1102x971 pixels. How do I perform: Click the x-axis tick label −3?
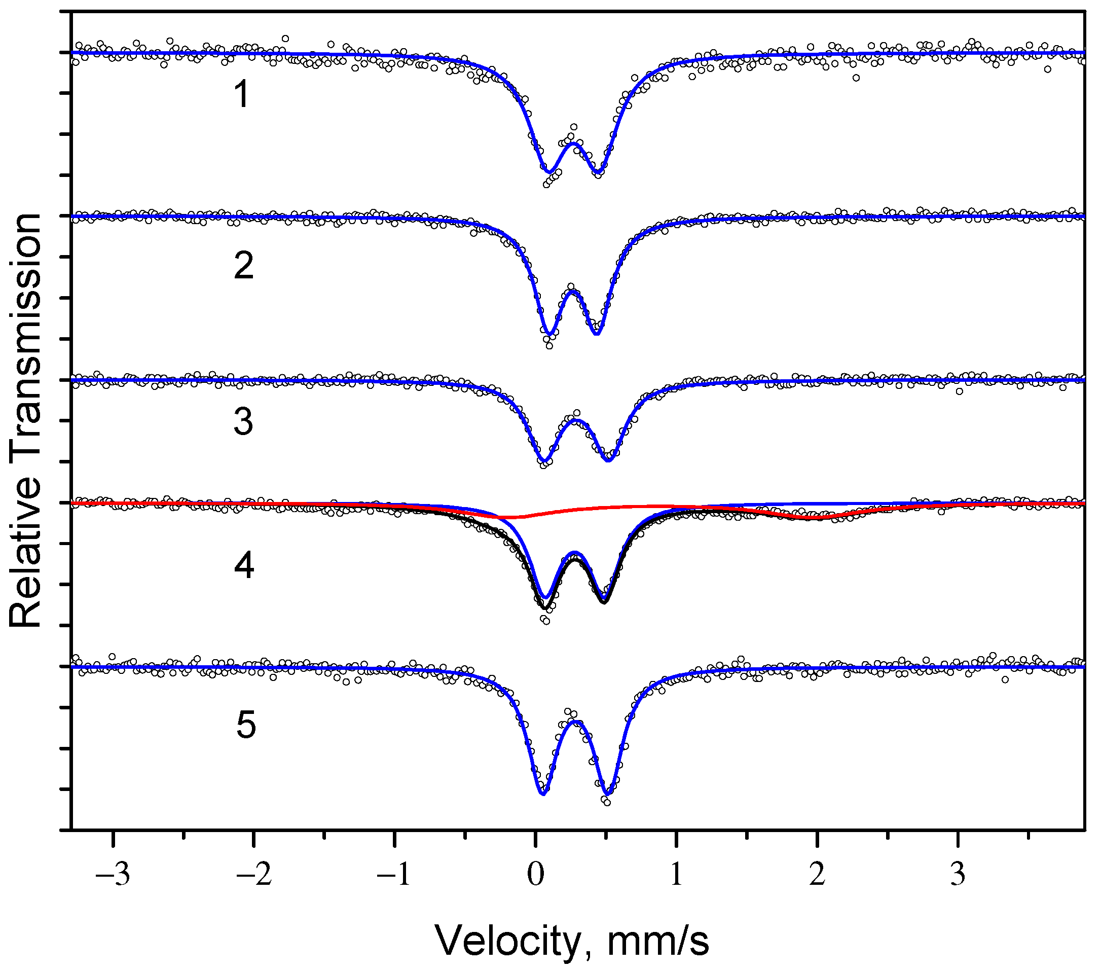click(x=113, y=875)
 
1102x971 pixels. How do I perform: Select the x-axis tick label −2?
click(x=254, y=875)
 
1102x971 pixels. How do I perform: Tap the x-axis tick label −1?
click(x=395, y=875)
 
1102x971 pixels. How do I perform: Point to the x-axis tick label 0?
click(x=535, y=875)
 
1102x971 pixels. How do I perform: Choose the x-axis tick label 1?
click(x=676, y=875)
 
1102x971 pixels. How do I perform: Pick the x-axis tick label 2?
click(x=817, y=875)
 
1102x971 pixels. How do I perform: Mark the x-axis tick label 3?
click(x=958, y=875)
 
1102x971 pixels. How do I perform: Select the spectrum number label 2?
click(x=244, y=265)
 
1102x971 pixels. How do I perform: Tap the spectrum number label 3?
click(x=243, y=422)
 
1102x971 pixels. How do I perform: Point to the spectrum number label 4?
click(x=244, y=566)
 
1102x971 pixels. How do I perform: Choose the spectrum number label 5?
click(x=246, y=725)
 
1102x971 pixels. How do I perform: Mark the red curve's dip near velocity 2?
click(x=817, y=517)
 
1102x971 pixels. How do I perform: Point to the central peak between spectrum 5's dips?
click(x=576, y=721)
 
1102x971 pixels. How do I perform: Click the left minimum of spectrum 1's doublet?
click(x=549, y=172)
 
